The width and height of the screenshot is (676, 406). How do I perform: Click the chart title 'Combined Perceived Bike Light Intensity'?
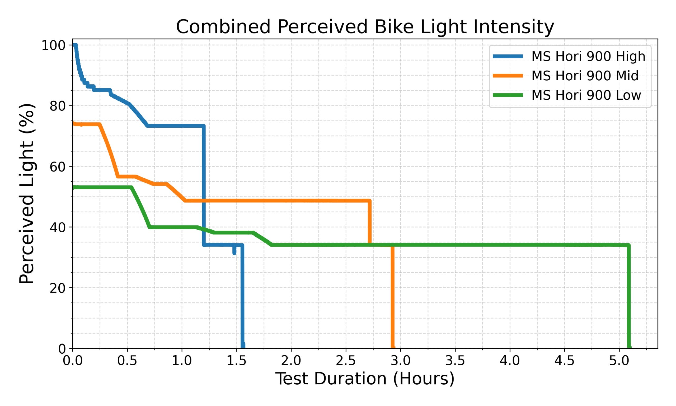tap(365, 27)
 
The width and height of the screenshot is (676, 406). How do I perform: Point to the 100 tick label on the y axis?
tap(54, 45)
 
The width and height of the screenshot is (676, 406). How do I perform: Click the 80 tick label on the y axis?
tap(58, 106)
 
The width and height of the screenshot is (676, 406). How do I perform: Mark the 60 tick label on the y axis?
tap(58, 167)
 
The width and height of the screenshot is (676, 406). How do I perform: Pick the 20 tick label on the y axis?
tap(58, 288)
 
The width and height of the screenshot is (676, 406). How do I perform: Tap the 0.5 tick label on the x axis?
tap(127, 361)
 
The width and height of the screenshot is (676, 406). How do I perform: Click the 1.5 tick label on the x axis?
tap(236, 361)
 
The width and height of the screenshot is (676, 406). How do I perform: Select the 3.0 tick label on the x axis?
tap(400, 361)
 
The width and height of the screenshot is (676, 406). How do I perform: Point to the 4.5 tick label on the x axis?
tap(564, 361)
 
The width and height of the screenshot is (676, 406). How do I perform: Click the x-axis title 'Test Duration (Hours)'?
tap(365, 379)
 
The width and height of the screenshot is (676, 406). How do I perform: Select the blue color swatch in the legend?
tap(508, 56)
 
